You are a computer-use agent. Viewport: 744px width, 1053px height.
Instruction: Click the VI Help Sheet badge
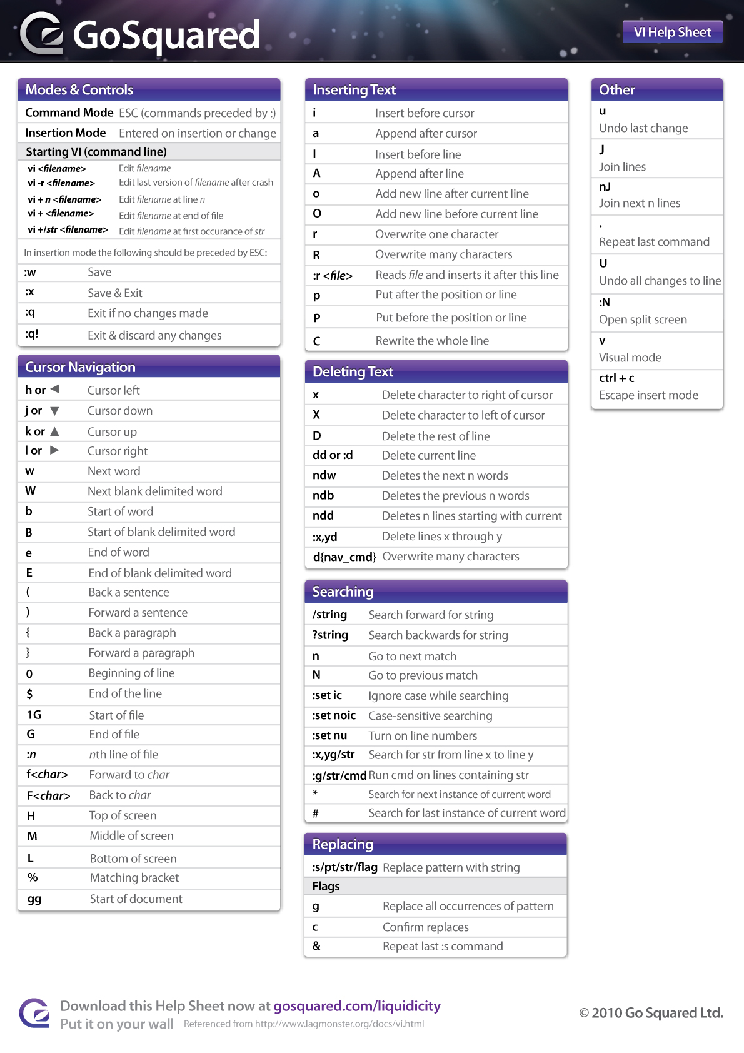[x=672, y=32]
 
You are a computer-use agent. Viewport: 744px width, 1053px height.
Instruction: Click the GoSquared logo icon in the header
[x=42, y=33]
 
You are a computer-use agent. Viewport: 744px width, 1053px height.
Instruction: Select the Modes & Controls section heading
[x=79, y=90]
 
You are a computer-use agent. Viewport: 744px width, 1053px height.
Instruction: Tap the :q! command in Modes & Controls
[x=32, y=334]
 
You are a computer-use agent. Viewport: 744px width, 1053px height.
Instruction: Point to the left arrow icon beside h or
[x=55, y=389]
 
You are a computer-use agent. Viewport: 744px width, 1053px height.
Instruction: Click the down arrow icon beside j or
[x=54, y=411]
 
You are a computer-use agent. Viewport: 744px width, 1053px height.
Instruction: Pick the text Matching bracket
[x=134, y=878]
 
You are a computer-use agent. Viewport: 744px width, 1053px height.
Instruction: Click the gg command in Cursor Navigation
[x=34, y=899]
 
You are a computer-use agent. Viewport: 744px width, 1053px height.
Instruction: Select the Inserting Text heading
[x=354, y=90]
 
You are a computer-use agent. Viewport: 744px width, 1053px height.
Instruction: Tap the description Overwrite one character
[x=436, y=234]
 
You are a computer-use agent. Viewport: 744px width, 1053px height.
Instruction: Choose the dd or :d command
[x=333, y=455]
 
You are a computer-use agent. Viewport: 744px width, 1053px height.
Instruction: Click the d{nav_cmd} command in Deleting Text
[x=344, y=557]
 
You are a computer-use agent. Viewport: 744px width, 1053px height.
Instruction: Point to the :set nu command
[x=329, y=735]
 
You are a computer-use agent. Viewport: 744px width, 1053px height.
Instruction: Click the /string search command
[x=329, y=615]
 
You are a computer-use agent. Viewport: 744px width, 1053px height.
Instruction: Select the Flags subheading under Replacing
[x=326, y=886]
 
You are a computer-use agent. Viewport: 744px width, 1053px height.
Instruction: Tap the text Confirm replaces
[x=425, y=927]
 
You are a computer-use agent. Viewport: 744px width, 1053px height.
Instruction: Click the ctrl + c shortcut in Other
[x=616, y=378]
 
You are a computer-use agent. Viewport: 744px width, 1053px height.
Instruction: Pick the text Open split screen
[x=643, y=320]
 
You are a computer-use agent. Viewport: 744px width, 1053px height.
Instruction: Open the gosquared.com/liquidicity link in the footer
[x=357, y=1006]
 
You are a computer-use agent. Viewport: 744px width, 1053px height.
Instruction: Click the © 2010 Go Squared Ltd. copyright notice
[x=651, y=1013]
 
